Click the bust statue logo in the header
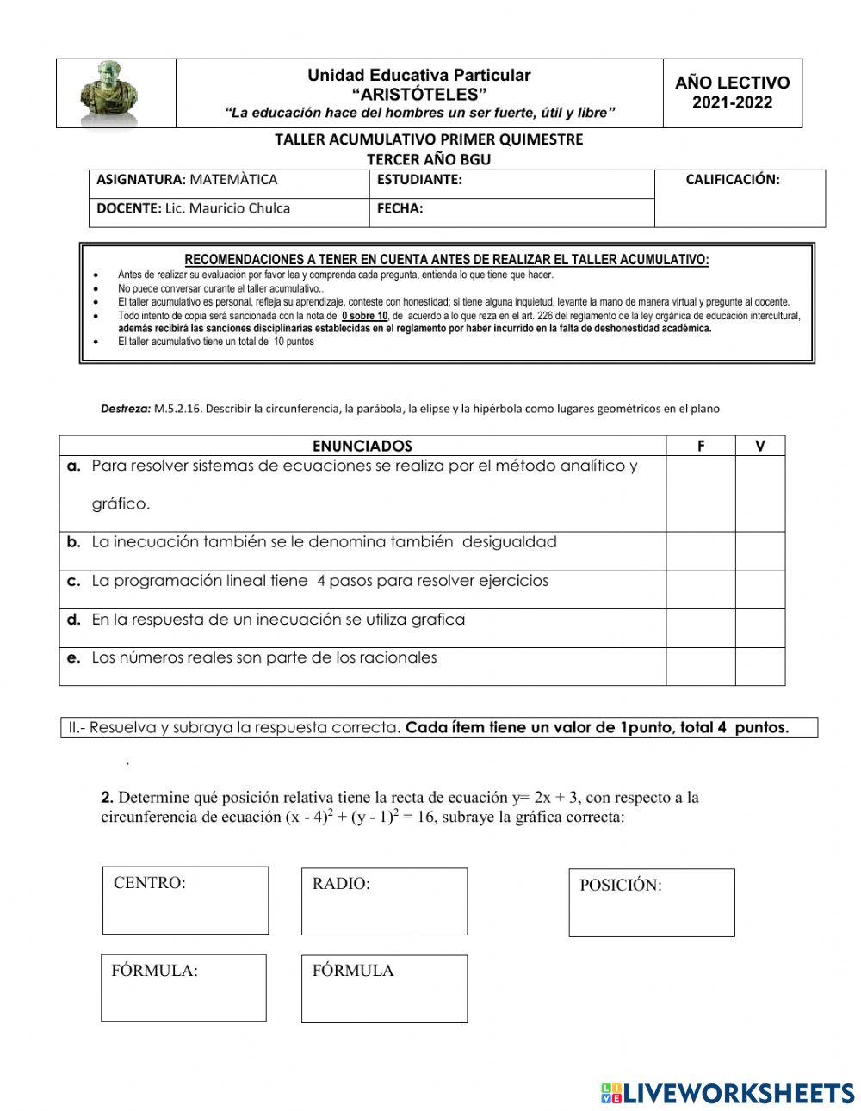(x=108, y=93)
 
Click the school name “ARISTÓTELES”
(x=418, y=94)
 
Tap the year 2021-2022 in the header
(x=732, y=103)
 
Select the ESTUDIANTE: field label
(x=419, y=180)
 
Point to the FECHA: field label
(x=400, y=208)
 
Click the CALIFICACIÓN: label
(x=732, y=180)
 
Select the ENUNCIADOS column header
(x=362, y=446)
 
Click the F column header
(x=700, y=446)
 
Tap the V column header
(x=759, y=446)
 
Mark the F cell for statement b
(x=700, y=551)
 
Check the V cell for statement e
(x=759, y=666)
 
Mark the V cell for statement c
(x=759, y=589)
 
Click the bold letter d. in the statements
(x=74, y=620)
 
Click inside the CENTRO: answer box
(x=185, y=900)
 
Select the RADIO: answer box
(x=384, y=901)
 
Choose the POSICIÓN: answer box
(x=651, y=903)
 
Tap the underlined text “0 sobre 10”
(x=364, y=316)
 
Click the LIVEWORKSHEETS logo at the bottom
(x=728, y=1093)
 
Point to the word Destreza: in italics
(x=126, y=410)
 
